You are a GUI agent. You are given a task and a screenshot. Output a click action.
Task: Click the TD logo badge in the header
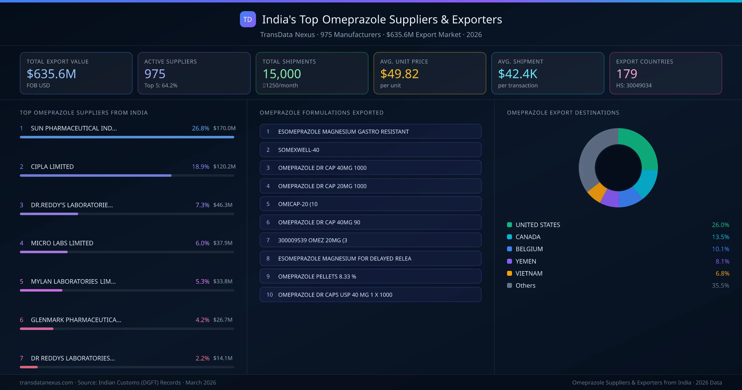tap(248, 19)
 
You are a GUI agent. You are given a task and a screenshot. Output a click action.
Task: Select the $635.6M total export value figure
tap(51, 74)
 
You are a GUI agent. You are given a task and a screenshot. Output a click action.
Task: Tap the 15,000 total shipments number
tap(282, 74)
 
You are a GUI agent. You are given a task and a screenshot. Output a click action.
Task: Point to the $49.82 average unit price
tap(399, 74)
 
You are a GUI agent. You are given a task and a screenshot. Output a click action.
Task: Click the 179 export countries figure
tap(626, 74)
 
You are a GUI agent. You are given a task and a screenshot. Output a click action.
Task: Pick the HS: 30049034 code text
tap(633, 85)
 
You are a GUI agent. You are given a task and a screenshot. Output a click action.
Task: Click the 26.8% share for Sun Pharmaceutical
tap(200, 128)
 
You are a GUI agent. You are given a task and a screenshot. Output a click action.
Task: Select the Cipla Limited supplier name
tap(52, 167)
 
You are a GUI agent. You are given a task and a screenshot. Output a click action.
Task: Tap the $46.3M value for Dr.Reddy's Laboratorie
tap(223, 205)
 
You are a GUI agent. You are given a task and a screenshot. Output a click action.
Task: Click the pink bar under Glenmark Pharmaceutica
tap(36, 329)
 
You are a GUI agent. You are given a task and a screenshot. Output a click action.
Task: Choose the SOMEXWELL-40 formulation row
tap(370, 150)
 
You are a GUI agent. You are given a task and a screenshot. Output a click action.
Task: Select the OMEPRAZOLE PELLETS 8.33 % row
tap(370, 276)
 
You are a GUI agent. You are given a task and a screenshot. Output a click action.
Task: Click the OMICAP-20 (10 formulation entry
tap(370, 204)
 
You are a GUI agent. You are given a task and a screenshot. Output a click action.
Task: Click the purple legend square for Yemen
tap(510, 261)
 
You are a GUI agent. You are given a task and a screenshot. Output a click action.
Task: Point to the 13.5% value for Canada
tap(720, 237)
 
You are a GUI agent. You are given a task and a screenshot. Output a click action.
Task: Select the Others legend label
tap(525, 285)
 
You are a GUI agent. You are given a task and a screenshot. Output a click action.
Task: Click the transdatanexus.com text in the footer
tap(46, 383)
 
